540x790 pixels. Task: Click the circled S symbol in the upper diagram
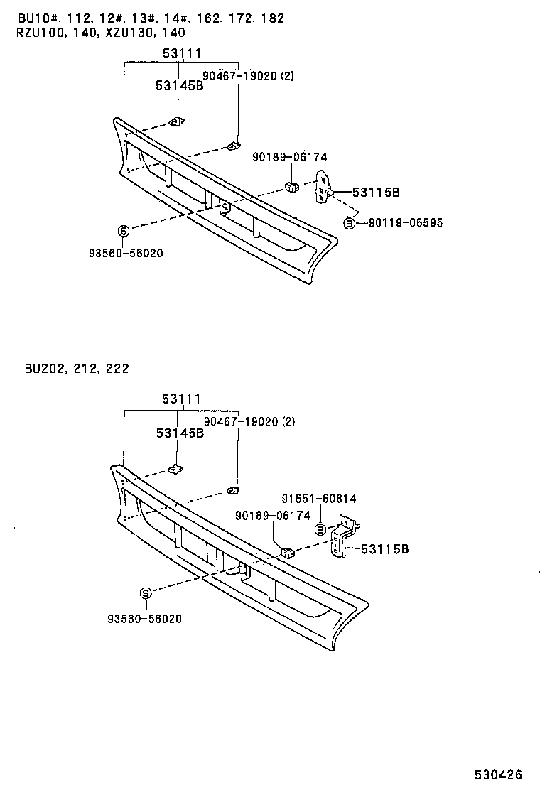123,230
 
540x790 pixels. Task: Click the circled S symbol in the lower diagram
146,594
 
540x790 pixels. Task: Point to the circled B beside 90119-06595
349,223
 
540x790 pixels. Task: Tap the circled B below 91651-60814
320,529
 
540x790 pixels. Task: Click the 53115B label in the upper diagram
377,192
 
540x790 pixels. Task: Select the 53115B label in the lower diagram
384,549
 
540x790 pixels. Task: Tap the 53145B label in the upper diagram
180,86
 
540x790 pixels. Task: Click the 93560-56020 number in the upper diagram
124,253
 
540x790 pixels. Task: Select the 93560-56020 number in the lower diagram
146,619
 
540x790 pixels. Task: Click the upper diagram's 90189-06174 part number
290,158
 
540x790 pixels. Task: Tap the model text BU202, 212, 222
76,369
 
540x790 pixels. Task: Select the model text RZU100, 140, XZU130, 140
101,32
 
